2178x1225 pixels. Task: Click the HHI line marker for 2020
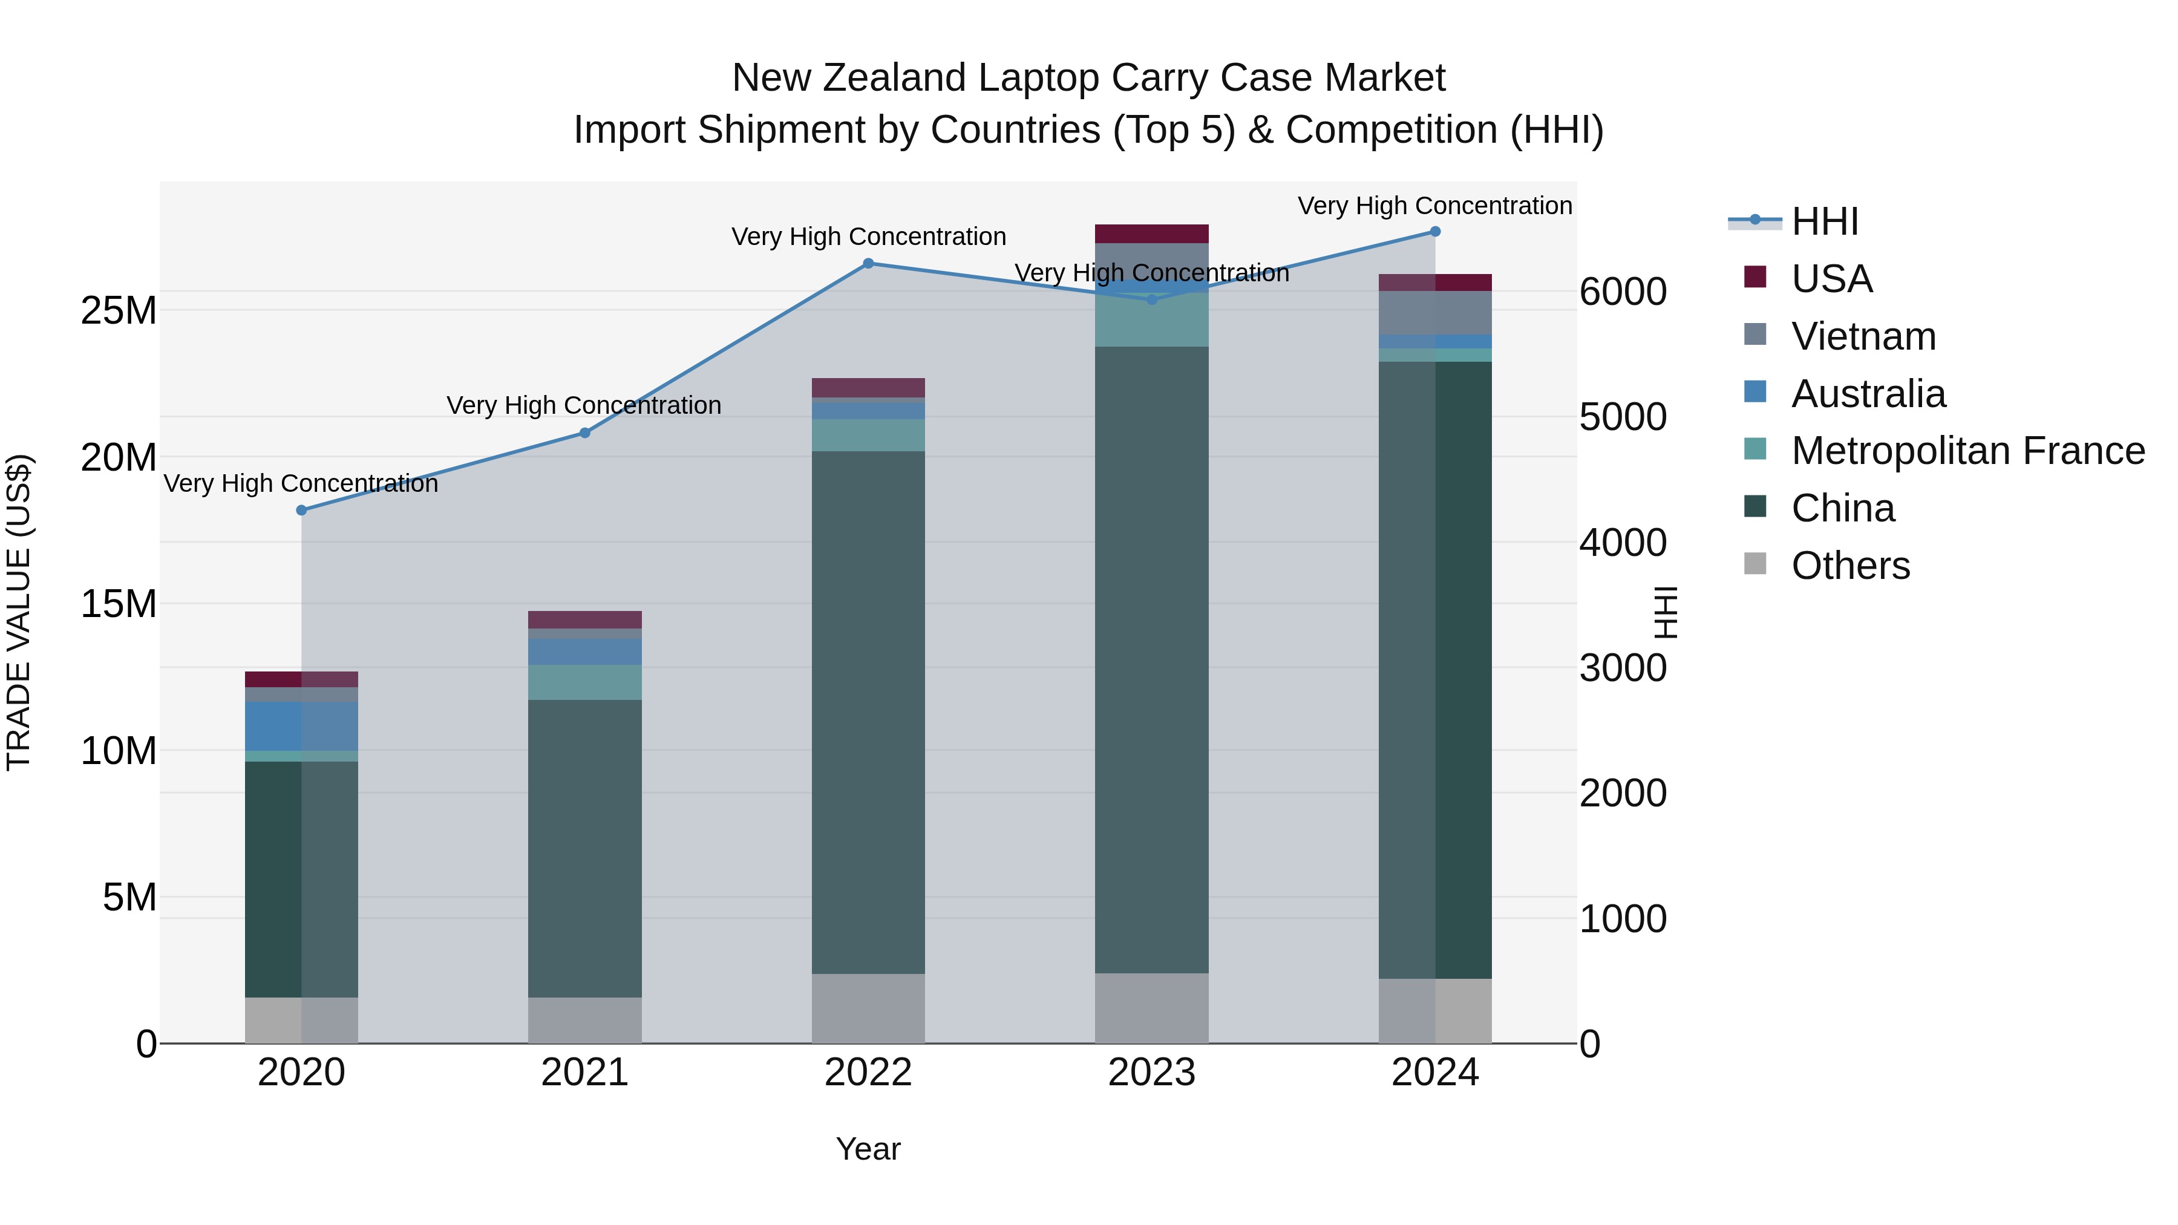pos(301,510)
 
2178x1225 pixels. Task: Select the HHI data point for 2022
pos(868,263)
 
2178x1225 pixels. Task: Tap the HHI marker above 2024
pos(1435,231)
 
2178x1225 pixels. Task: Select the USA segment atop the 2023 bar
pos(1151,234)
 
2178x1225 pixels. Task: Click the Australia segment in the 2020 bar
pos(301,725)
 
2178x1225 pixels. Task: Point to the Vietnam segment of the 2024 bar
pos(1435,312)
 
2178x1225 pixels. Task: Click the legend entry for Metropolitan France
pos(1967,451)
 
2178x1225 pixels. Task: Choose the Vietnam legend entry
pos(1863,336)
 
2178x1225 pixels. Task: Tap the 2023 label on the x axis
pos(1151,1073)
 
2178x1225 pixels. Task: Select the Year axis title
pos(868,1149)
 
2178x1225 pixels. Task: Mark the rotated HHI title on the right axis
pos(1665,612)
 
